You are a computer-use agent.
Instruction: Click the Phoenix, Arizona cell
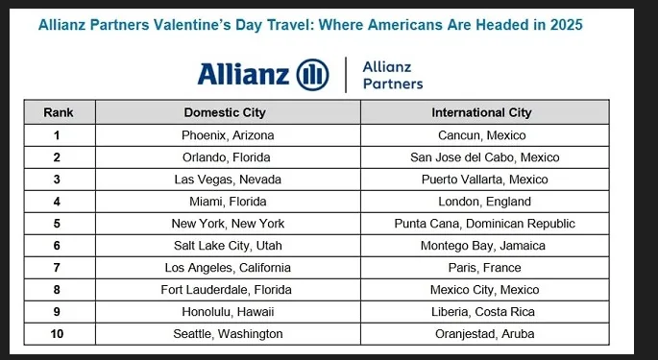[226, 135]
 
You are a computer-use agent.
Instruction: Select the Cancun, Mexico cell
[481, 135]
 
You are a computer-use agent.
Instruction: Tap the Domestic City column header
[226, 112]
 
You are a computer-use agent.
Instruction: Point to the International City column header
[481, 112]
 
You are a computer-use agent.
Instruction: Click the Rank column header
[59, 112]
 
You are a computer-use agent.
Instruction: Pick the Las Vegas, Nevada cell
[226, 180]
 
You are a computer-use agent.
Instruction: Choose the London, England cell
[481, 202]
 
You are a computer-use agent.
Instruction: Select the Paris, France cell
[481, 268]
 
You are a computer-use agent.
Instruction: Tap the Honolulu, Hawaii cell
[226, 312]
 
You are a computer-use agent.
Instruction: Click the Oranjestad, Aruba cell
[481, 334]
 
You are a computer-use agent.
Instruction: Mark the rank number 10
[59, 334]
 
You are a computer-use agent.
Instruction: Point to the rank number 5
[59, 224]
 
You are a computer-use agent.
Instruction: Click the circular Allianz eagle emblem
[313, 74]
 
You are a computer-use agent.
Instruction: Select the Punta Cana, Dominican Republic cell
[481, 224]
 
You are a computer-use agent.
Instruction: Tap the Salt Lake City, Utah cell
[226, 246]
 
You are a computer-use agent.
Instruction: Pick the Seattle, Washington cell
[226, 334]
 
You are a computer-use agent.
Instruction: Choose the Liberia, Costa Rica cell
[481, 312]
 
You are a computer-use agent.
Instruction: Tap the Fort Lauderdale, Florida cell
[226, 290]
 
